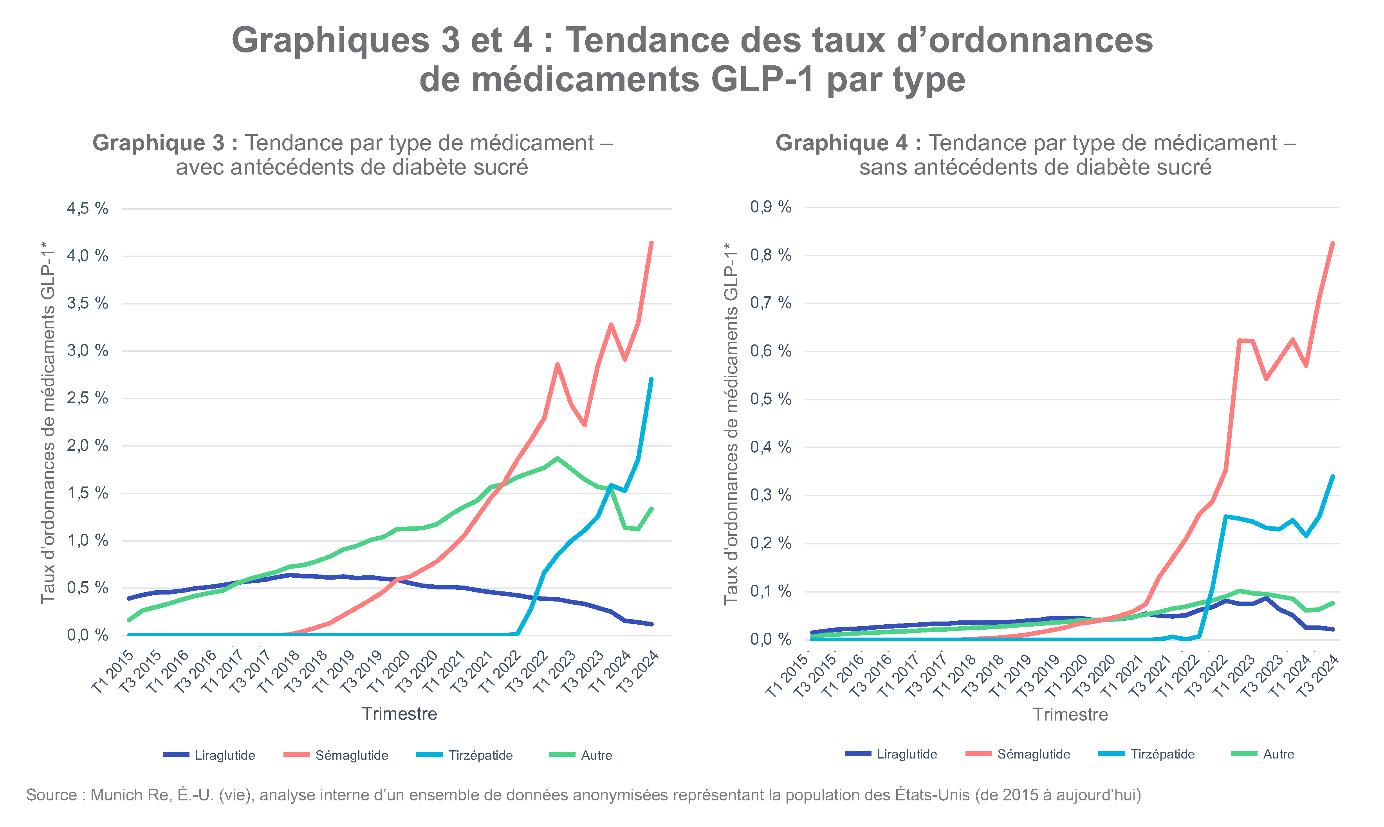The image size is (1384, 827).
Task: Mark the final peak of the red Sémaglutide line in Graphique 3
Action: pos(651,243)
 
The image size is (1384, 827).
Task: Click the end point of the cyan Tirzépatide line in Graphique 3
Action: pos(651,380)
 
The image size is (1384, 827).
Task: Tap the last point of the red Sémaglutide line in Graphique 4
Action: pos(1333,243)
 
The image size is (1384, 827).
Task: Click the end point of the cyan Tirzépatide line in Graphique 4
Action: pos(1333,476)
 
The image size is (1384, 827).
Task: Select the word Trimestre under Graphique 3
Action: pos(400,713)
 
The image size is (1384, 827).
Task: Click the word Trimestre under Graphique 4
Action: pos(1070,714)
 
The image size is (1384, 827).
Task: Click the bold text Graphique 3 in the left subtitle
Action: pos(158,143)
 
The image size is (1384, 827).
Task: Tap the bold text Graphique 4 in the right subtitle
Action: pos(841,143)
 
